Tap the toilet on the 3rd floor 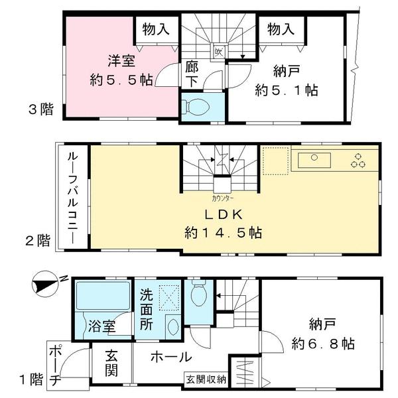(x=198, y=107)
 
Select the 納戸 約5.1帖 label (x=286, y=80)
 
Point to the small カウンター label (x=222, y=197)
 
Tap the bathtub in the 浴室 (x=102, y=296)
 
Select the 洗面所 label (x=147, y=308)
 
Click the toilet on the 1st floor (x=199, y=293)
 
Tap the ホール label (x=171, y=357)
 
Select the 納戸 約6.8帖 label (x=322, y=335)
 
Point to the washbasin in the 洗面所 (x=170, y=327)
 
